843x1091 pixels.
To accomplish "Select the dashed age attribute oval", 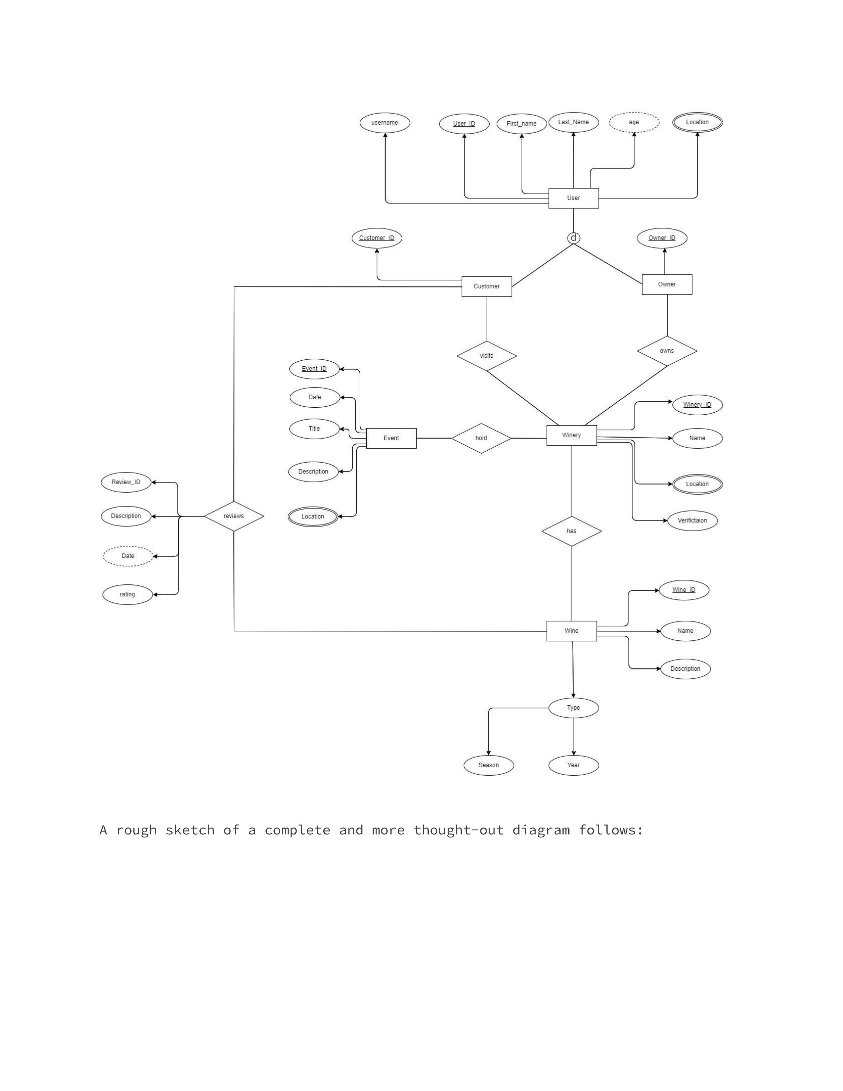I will (x=634, y=122).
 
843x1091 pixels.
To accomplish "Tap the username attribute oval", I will (x=384, y=123).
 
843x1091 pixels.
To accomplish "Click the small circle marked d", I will (x=573, y=238).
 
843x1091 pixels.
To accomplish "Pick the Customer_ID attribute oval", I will (x=377, y=238).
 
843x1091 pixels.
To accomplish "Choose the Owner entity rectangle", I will (x=667, y=285).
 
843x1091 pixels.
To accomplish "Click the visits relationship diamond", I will (x=486, y=356).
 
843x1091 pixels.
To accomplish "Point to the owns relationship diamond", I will (x=667, y=351).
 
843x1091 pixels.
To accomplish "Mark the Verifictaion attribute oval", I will (x=692, y=520).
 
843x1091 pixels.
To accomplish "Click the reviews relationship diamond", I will (x=234, y=516).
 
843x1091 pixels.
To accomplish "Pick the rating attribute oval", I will (x=127, y=594).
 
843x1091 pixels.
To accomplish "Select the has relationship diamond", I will (x=571, y=531).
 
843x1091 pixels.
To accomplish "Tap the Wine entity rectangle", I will (x=571, y=631).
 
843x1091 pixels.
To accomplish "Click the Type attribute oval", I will (x=573, y=708).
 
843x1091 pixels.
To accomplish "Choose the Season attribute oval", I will (x=488, y=765).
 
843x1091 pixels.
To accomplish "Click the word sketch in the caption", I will (x=189, y=830).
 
